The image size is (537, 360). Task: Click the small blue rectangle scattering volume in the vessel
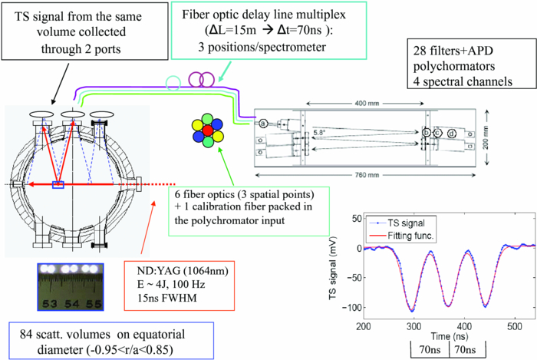tap(57, 184)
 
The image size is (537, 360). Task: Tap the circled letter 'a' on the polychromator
tap(263, 123)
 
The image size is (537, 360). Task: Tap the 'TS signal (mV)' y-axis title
tap(326, 261)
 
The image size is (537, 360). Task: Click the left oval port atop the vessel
tap(40, 117)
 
